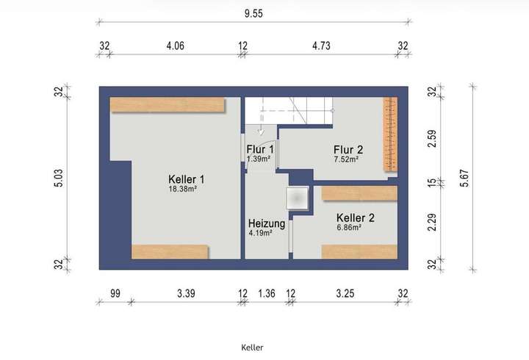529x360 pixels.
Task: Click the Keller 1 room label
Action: pos(186,179)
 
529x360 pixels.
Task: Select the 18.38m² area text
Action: pos(183,188)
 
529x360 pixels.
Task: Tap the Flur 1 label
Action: pos(259,150)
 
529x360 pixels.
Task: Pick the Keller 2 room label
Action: pos(356,218)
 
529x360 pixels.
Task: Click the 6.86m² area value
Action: pos(348,228)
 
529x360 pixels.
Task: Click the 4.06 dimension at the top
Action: pos(175,46)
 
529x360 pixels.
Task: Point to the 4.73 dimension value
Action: pos(320,46)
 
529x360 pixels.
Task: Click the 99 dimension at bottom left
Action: pos(115,293)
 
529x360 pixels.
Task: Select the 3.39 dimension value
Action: pos(185,293)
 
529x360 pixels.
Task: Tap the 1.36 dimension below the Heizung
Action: pos(267,293)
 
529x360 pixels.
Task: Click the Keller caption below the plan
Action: pos(252,347)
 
